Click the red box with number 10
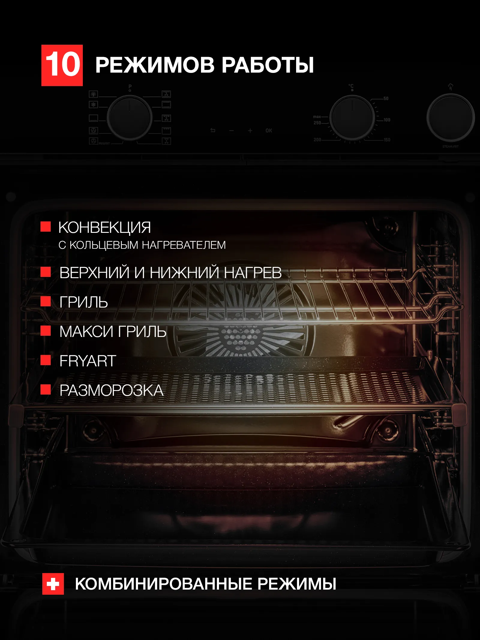coord(62,65)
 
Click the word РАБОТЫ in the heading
coord(268,65)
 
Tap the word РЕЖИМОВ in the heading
coord(155,65)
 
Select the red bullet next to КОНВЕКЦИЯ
coord(46,227)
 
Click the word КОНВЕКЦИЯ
coord(104,227)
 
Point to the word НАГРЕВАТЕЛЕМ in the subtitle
coord(184,245)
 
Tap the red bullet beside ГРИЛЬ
coord(46,301)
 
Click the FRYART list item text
coord(88,361)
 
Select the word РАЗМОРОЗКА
coord(111,390)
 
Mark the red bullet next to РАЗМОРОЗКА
coord(46,389)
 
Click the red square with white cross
coord(53,584)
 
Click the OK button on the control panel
coord(268,131)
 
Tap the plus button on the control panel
coord(250,131)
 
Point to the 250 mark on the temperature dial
coord(317,123)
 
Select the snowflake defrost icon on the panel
coord(94,105)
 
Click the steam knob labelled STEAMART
coord(450,118)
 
